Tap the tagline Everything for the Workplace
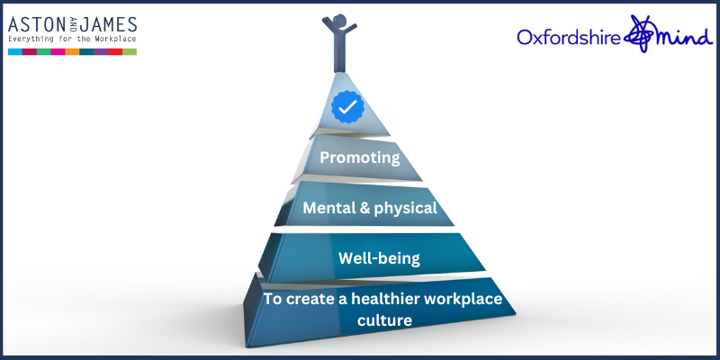tap(72, 40)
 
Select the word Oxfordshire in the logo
tap(571, 37)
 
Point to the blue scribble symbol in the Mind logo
tap(644, 34)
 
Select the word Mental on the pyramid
tap(329, 208)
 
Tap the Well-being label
tap(379, 259)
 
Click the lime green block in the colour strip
tap(130, 52)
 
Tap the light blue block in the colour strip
tap(15, 52)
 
